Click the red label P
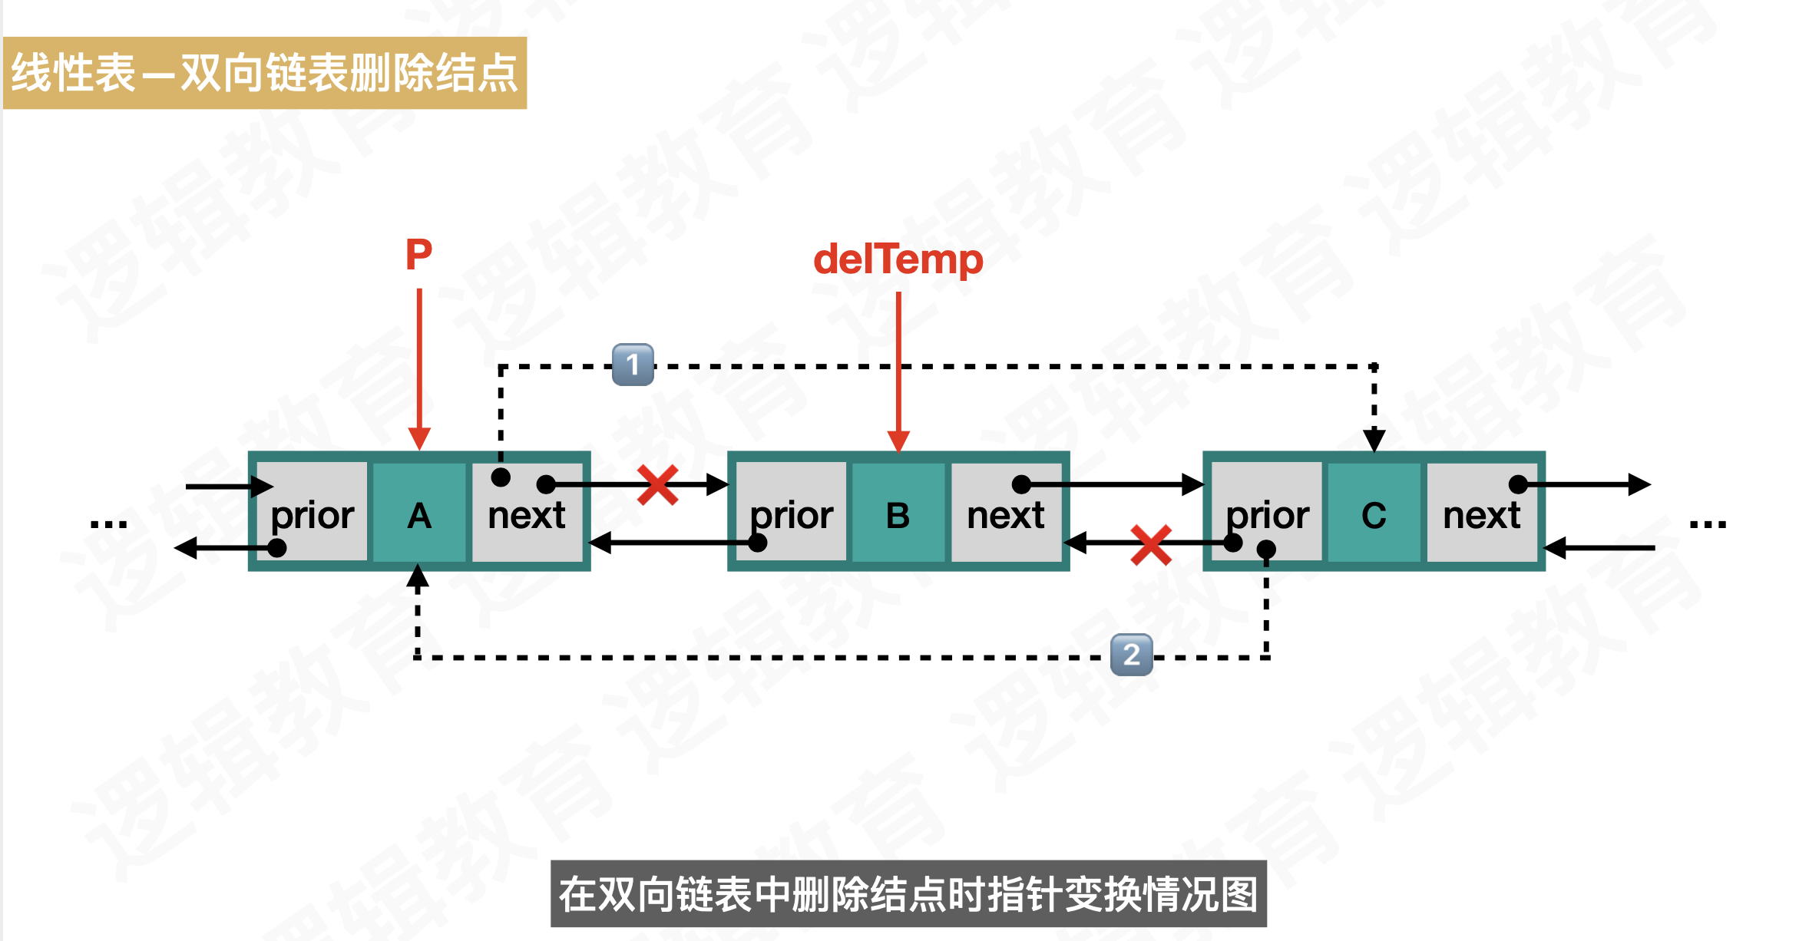point(418,254)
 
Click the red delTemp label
point(898,259)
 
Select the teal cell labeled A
point(419,512)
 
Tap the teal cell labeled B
point(898,512)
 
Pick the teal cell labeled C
point(1374,512)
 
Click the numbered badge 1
point(633,364)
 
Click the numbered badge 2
point(1131,655)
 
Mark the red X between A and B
point(657,485)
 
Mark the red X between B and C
point(1151,544)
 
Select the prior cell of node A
point(313,512)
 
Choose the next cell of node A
point(527,512)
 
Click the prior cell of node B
point(791,512)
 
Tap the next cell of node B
point(1005,512)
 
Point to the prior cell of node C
point(1267,512)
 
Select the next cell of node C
point(1481,512)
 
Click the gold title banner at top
point(265,73)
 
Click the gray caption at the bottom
point(908,894)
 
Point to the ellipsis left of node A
point(108,524)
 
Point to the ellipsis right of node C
point(1708,524)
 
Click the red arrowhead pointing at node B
point(898,441)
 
